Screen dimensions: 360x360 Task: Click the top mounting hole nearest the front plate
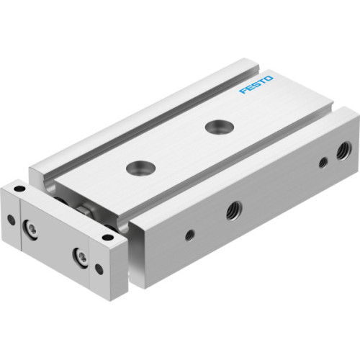point(137,168)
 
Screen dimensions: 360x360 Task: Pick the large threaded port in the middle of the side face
point(233,210)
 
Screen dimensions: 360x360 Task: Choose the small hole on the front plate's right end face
point(99,268)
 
